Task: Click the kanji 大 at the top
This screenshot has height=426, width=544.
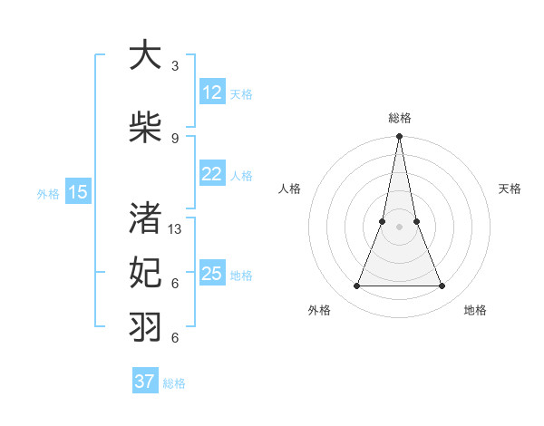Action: (x=145, y=57)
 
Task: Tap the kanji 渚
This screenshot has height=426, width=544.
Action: (x=145, y=218)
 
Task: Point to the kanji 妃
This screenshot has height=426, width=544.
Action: (x=145, y=272)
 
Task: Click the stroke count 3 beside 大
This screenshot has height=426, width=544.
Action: (x=175, y=66)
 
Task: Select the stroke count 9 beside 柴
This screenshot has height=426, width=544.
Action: (x=175, y=138)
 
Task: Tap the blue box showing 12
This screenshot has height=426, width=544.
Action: (x=212, y=92)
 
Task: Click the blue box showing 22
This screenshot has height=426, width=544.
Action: (x=212, y=174)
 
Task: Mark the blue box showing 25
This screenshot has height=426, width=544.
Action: (x=212, y=274)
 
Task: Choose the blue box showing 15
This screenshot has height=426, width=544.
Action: (x=78, y=191)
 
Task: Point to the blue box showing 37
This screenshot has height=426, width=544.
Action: (x=145, y=382)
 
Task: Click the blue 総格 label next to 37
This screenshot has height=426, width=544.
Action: (x=174, y=383)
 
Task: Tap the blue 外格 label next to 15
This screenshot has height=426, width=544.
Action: (x=48, y=193)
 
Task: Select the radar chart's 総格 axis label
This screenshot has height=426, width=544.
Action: (x=399, y=118)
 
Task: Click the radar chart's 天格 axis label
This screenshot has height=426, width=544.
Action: (x=510, y=189)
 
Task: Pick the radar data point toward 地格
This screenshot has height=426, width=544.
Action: (x=442, y=286)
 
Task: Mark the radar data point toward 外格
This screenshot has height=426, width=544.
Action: (x=356, y=286)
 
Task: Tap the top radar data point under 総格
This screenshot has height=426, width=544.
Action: (x=399, y=137)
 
